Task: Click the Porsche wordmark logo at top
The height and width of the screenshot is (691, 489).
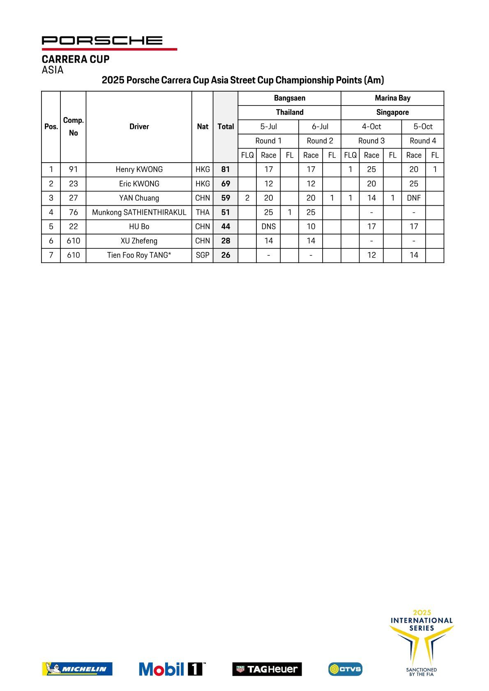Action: pyautogui.click(x=102, y=40)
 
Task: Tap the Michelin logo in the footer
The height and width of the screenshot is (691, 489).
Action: pyautogui.click(x=77, y=669)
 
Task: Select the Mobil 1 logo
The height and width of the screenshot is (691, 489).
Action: pyautogui.click(x=172, y=669)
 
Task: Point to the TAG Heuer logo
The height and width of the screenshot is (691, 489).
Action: pyautogui.click(x=267, y=669)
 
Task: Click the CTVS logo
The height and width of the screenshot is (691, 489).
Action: pyautogui.click(x=345, y=669)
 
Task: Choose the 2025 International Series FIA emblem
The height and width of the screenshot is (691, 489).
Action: pyautogui.click(x=421, y=643)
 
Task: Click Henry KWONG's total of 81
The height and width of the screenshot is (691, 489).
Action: pyautogui.click(x=226, y=170)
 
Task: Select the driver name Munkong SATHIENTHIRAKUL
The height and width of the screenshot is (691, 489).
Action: pyautogui.click(x=139, y=212)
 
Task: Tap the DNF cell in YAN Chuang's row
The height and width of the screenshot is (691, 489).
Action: pyautogui.click(x=413, y=198)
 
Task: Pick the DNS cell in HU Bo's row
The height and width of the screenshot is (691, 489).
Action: pyautogui.click(x=268, y=227)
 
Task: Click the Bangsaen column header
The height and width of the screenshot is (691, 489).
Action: pyautogui.click(x=289, y=98)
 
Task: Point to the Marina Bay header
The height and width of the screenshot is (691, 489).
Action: pyautogui.click(x=392, y=98)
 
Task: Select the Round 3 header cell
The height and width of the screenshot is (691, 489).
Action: pyautogui.click(x=371, y=141)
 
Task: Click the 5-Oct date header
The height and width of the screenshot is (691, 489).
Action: pyautogui.click(x=423, y=126)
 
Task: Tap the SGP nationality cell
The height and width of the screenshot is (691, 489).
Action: pyautogui.click(x=203, y=255)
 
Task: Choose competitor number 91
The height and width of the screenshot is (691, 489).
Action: pyautogui.click(x=73, y=170)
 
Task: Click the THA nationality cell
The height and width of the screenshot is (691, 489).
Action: pyautogui.click(x=203, y=212)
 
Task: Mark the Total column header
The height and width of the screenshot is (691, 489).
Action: pyautogui.click(x=226, y=126)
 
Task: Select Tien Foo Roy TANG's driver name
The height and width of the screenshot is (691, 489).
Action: pyautogui.click(x=139, y=255)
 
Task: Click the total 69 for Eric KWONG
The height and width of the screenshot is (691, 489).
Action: pyautogui.click(x=226, y=184)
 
